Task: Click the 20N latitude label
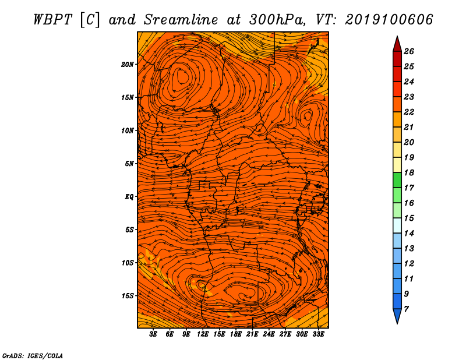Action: [x=128, y=64]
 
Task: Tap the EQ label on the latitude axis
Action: [x=129, y=196]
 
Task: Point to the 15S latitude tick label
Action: [x=128, y=296]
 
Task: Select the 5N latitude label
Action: [x=129, y=164]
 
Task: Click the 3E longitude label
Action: [x=153, y=334]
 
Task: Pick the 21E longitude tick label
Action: [x=252, y=334]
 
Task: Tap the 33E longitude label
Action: [x=318, y=334]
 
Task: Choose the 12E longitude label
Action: [x=202, y=334]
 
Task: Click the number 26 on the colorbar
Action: [x=409, y=51]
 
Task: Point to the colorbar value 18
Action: [x=409, y=172]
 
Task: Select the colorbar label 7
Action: [x=406, y=309]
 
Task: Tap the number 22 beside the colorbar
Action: [x=409, y=112]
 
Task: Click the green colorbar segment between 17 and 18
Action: [x=397, y=180]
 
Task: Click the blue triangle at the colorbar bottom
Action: [x=397, y=315]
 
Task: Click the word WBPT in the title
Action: [x=52, y=20]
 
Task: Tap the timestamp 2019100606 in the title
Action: [x=389, y=20]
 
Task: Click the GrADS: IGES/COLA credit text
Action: [x=33, y=356]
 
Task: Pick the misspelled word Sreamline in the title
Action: [x=181, y=20]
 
